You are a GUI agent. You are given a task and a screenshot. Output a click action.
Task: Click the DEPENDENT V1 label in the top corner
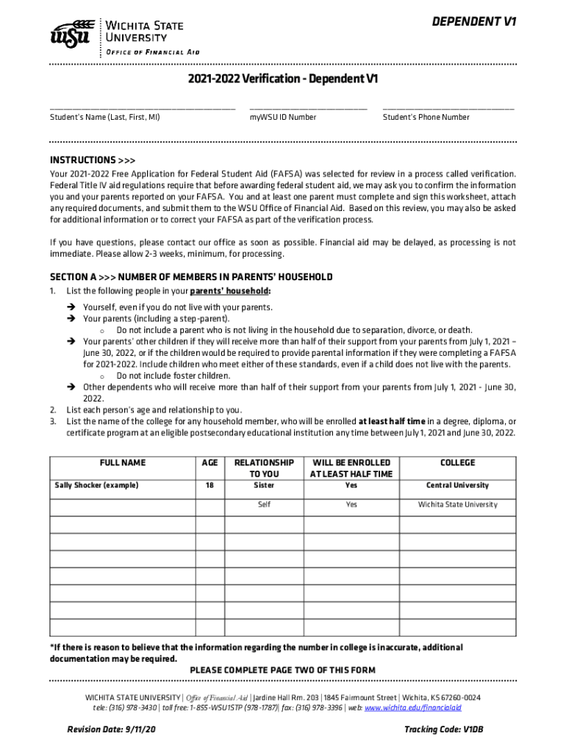pyautogui.click(x=476, y=22)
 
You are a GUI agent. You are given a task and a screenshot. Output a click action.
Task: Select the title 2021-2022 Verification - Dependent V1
pyautogui.click(x=282, y=79)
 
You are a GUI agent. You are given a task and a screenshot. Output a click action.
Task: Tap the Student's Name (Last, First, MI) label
pyautogui.click(x=104, y=117)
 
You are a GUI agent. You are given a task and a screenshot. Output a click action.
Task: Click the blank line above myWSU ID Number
pyautogui.click(x=308, y=108)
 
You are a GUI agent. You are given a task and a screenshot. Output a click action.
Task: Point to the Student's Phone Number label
pyautogui.click(x=426, y=117)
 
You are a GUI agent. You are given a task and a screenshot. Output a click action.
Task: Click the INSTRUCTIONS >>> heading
pyautogui.click(x=92, y=160)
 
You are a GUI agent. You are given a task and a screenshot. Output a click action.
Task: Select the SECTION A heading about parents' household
pyautogui.click(x=191, y=277)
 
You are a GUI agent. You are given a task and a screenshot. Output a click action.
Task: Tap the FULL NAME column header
pyautogui.click(x=122, y=463)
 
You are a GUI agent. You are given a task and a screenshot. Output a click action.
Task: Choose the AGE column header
pyautogui.click(x=209, y=463)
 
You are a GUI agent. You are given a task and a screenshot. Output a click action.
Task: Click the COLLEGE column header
pyautogui.click(x=457, y=463)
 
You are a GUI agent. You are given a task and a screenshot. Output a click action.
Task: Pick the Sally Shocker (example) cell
pyautogui.click(x=97, y=485)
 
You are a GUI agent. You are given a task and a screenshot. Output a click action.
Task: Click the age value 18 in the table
pyautogui.click(x=209, y=485)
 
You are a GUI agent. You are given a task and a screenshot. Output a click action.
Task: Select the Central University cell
pyautogui.click(x=457, y=485)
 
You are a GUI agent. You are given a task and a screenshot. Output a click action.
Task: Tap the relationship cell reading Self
pyautogui.click(x=264, y=504)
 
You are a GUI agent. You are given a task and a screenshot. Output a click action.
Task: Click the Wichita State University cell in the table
pyautogui.click(x=457, y=504)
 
